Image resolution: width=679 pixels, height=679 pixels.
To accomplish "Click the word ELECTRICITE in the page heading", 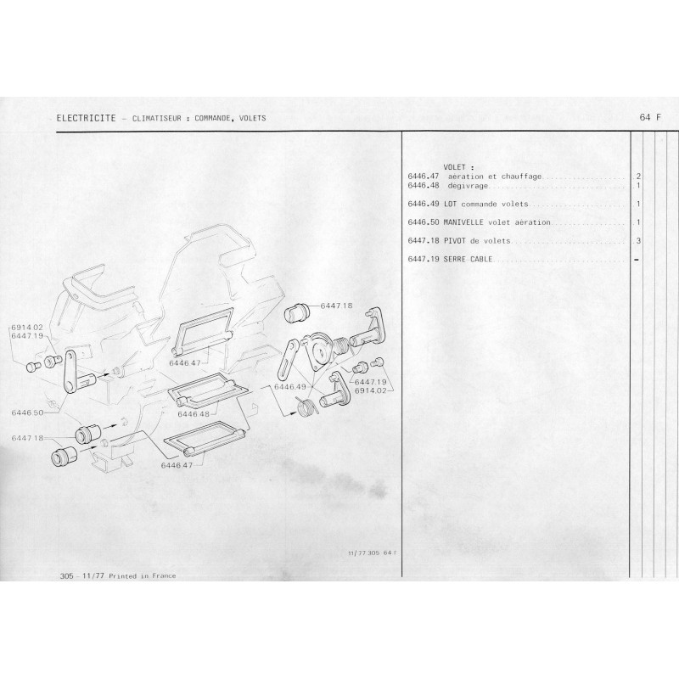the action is tap(87, 118).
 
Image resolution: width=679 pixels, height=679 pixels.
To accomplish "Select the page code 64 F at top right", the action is tap(650, 117).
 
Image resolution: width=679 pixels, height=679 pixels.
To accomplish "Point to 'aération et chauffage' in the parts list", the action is tap(495, 177).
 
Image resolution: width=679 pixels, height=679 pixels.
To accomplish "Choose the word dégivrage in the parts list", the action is tap(469, 186).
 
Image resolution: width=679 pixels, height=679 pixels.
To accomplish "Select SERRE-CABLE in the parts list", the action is tap(469, 260).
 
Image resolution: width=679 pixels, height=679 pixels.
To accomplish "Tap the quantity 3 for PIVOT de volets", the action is tap(638, 241).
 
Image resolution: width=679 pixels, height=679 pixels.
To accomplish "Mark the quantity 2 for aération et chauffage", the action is tap(638, 177).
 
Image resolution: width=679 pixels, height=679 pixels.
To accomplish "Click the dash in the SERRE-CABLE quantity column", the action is tap(637, 260).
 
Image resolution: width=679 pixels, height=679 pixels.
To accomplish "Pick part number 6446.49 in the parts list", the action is tap(424, 204).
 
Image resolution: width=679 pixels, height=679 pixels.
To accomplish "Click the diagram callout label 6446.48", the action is tap(194, 414).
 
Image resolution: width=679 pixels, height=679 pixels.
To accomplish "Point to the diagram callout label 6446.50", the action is tap(28, 412).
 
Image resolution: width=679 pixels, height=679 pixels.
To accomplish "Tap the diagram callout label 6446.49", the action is tap(290, 387).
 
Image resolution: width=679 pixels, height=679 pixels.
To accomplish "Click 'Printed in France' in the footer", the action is tap(143, 576).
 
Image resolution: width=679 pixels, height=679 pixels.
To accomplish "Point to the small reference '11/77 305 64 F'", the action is tap(372, 553).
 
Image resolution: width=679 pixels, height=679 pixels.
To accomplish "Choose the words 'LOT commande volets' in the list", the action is tap(485, 204).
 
